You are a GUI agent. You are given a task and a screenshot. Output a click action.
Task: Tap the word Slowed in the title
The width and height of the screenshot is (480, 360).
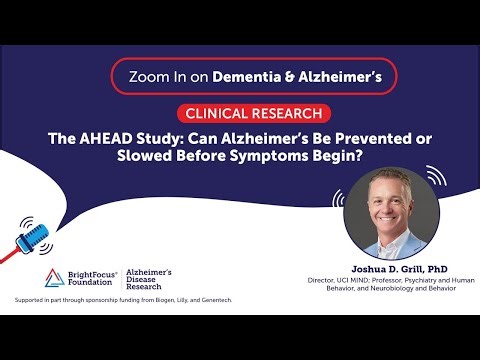[x=161, y=159]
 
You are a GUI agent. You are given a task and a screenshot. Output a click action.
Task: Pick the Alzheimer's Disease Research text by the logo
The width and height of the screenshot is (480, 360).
[x=156, y=279]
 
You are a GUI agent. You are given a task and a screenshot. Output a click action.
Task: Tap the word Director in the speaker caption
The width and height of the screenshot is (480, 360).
[x=323, y=282]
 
